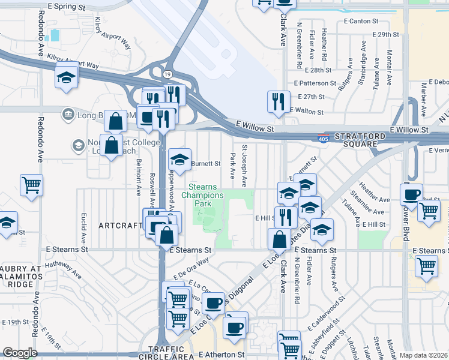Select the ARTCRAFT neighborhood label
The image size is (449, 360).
tap(120, 226)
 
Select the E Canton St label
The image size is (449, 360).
tap(363, 20)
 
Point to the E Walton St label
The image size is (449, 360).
tap(307, 111)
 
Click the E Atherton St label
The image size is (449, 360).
tap(222, 355)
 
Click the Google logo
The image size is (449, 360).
tap(20, 353)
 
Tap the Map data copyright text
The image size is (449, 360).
tap(423, 355)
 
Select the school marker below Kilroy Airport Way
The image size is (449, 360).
tap(66, 77)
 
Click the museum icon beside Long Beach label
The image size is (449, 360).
tap(67, 114)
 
